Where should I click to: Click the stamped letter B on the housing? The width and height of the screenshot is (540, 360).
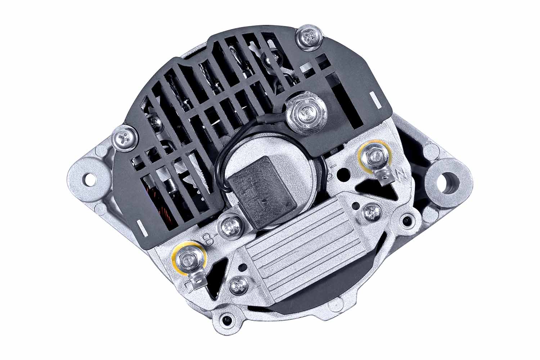208,238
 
